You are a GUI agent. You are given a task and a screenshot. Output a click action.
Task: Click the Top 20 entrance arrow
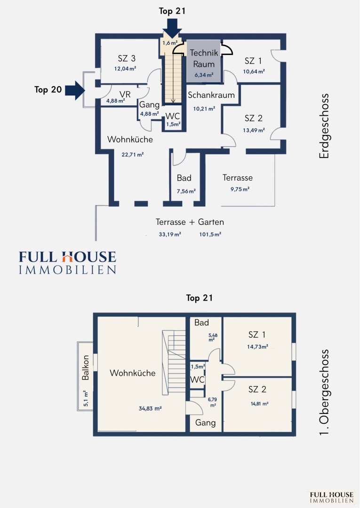tap(75, 90)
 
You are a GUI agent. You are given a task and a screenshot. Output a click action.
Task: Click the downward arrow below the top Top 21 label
tap(172, 28)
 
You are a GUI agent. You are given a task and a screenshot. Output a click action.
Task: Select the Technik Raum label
tap(204, 58)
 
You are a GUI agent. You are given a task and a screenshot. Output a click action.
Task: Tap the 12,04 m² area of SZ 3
tap(125, 69)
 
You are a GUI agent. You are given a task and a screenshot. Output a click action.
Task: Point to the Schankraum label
tap(211, 95)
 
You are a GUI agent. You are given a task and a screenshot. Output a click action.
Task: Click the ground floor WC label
tap(173, 116)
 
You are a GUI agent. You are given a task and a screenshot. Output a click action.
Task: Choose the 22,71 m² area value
tap(133, 155)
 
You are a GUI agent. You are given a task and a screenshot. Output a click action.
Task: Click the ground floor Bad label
tap(184, 178)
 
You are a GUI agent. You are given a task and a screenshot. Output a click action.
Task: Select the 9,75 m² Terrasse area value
tap(240, 189)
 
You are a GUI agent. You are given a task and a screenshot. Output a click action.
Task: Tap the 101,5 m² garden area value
tap(210, 234)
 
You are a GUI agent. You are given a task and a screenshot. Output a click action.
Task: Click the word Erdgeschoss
tap(324, 126)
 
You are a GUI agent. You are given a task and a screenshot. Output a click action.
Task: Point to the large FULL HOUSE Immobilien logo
tap(67, 263)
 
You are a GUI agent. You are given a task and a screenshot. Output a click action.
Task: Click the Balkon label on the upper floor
tap(85, 368)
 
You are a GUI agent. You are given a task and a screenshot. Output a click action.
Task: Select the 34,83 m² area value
tap(150, 409)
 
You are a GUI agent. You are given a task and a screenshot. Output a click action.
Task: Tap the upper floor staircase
tap(174, 363)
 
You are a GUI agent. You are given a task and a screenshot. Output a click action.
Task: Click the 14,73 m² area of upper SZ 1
tap(257, 347)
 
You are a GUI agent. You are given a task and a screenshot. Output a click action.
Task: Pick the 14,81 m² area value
tap(260, 404)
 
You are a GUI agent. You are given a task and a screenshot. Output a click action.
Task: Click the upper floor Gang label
tap(206, 423)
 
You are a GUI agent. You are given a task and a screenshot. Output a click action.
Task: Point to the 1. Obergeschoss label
tap(324, 392)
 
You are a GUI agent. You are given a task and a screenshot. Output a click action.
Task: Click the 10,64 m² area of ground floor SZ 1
tap(254, 71)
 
